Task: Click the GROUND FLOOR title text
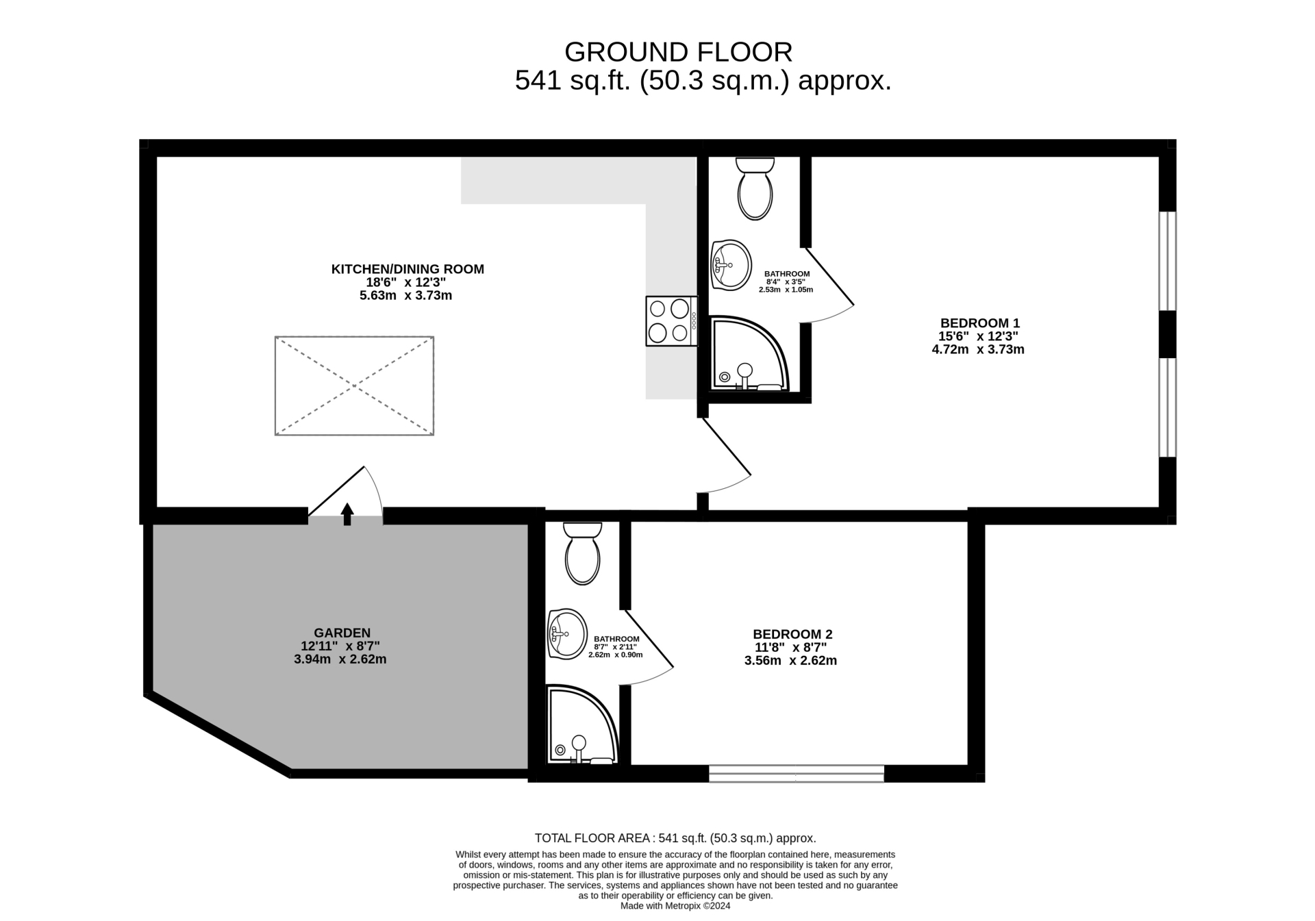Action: tap(678, 52)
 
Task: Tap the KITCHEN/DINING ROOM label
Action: tap(408, 269)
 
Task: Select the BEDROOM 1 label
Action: tap(979, 323)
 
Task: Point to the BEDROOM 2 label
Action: tap(792, 635)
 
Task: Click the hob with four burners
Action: tap(671, 320)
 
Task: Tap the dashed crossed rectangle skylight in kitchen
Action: tap(354, 386)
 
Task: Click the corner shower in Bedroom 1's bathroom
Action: tap(748, 355)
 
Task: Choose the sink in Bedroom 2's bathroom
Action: tap(567, 633)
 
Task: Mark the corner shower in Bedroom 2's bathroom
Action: tap(581, 725)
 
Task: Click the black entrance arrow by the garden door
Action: tap(347, 514)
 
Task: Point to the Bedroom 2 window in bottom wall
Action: tap(796, 774)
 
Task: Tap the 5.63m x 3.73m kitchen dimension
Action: tap(405, 296)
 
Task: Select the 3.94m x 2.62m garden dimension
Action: tap(340, 659)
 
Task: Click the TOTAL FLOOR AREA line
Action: tap(675, 838)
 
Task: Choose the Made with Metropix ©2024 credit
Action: tap(675, 906)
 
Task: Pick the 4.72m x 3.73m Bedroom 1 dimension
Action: tap(977, 349)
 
